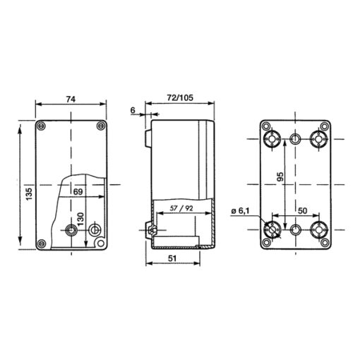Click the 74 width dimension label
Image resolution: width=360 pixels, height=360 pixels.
71,100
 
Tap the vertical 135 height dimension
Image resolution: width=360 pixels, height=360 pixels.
29,194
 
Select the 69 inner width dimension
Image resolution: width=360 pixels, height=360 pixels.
78,192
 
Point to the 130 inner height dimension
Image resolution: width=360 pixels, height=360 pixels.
80,219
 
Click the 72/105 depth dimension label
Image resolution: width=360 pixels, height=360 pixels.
180,97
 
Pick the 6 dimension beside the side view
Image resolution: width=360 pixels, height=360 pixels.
133,110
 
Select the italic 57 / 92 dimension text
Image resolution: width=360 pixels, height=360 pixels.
181,208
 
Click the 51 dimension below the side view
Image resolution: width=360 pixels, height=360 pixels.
172,258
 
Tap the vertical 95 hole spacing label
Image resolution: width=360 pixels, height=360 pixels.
280,176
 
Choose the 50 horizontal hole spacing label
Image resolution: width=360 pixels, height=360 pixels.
302,210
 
